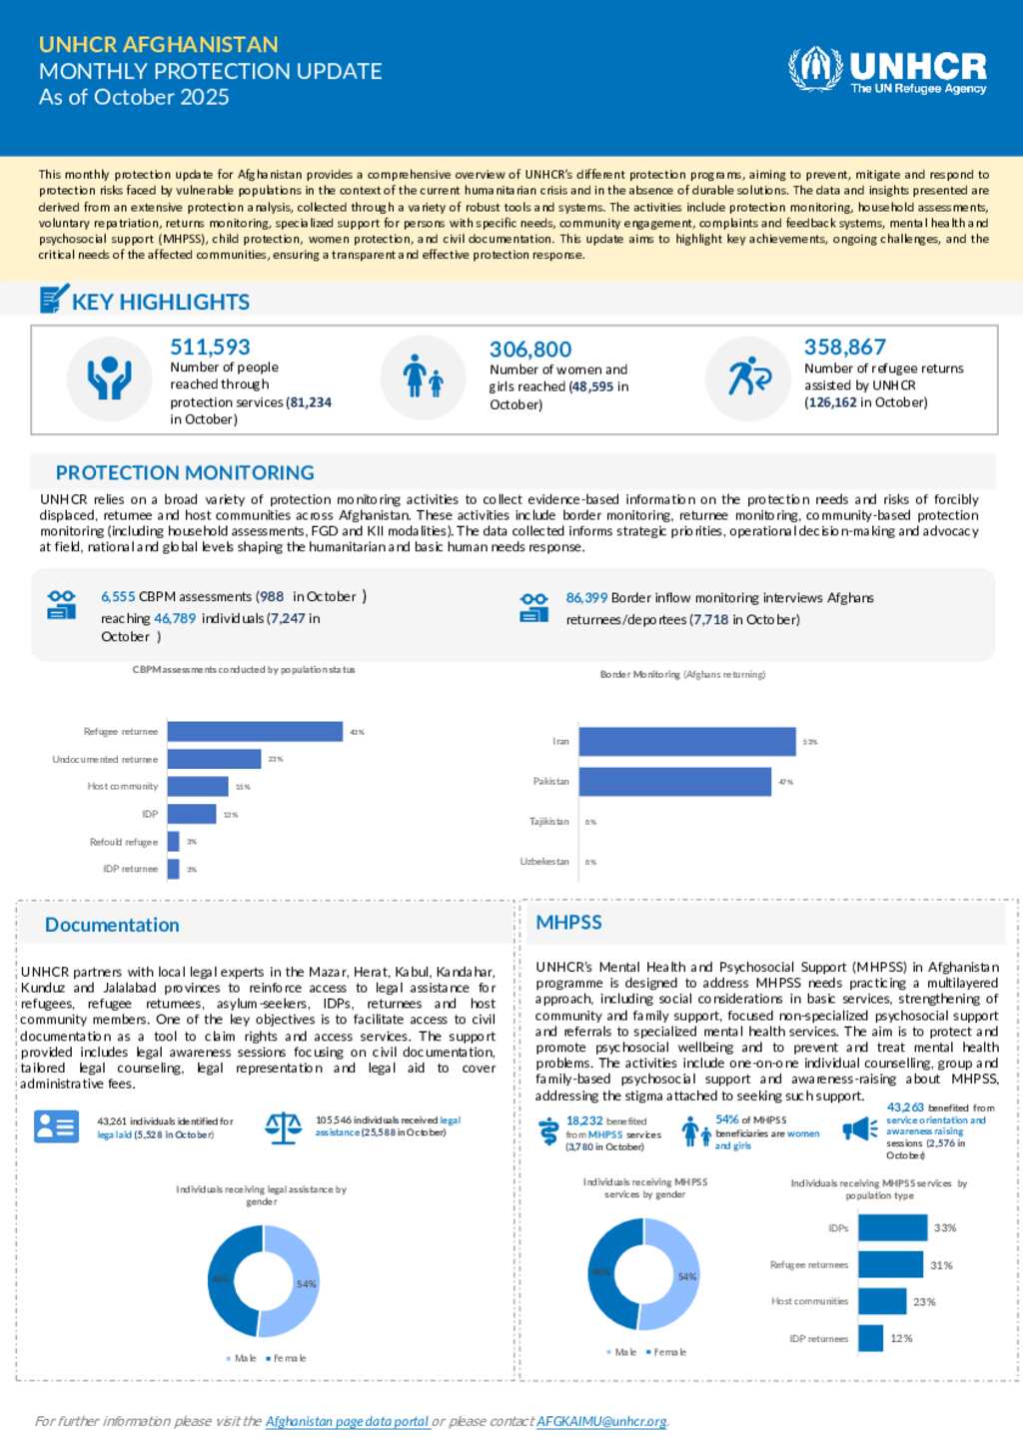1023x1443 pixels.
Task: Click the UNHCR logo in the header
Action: (x=887, y=70)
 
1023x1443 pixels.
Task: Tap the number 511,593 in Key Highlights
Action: (x=210, y=347)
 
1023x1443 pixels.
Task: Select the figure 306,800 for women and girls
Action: (x=530, y=350)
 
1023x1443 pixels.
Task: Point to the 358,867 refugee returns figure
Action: (x=845, y=347)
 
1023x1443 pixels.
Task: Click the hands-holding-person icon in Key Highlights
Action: (x=109, y=378)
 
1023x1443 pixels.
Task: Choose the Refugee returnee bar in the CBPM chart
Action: (x=255, y=732)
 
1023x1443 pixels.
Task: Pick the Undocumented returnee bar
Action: (x=214, y=759)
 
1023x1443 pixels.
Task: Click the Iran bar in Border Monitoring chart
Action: (x=687, y=742)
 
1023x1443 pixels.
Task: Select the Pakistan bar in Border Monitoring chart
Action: (x=675, y=782)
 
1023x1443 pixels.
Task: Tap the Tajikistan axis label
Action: (x=548, y=822)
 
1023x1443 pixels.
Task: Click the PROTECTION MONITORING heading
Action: (x=185, y=472)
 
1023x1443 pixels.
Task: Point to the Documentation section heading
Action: (x=112, y=925)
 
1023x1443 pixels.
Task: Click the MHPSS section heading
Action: (x=568, y=923)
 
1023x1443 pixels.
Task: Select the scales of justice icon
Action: (x=284, y=1127)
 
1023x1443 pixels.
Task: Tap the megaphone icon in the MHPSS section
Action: (x=860, y=1128)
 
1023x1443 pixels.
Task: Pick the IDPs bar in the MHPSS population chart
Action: (x=893, y=1228)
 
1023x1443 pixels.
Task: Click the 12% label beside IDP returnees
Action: (x=901, y=1338)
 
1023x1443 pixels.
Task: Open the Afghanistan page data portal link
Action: (x=348, y=1421)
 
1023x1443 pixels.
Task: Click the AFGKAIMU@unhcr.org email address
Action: (x=601, y=1421)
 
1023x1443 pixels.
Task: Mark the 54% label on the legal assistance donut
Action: (x=306, y=1284)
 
